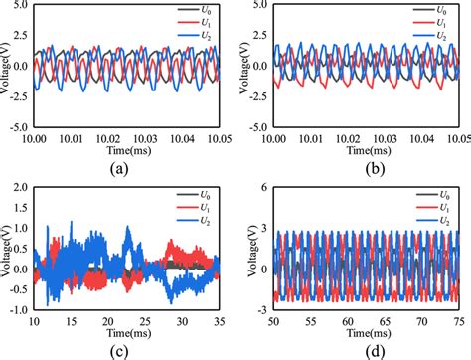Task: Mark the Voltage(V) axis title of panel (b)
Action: (243, 66)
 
